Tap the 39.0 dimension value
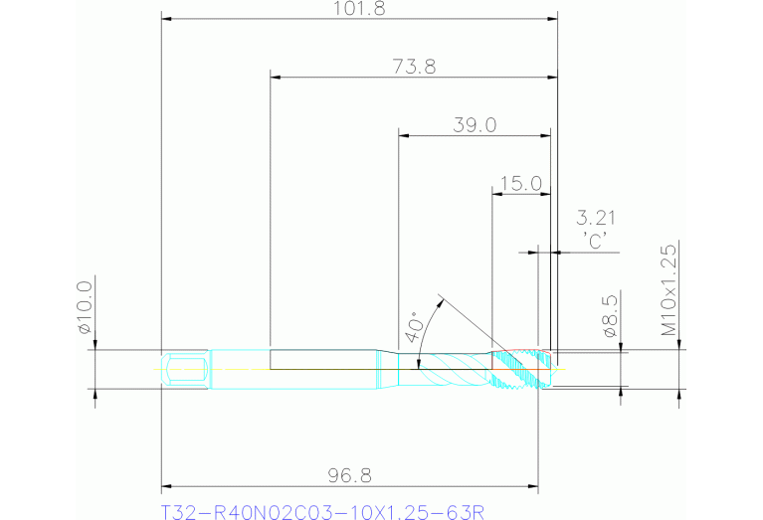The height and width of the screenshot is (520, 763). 475,125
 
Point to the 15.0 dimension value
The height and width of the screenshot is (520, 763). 520,183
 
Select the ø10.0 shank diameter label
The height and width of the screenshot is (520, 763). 85,307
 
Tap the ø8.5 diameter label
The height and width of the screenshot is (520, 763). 611,316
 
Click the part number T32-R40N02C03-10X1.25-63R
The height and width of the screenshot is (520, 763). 322,513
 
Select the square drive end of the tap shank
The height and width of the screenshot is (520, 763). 185,369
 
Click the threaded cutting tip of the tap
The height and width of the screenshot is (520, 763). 531,370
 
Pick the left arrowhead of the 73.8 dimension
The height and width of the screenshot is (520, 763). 276,77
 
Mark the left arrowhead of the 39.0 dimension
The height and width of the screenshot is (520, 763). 403,135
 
